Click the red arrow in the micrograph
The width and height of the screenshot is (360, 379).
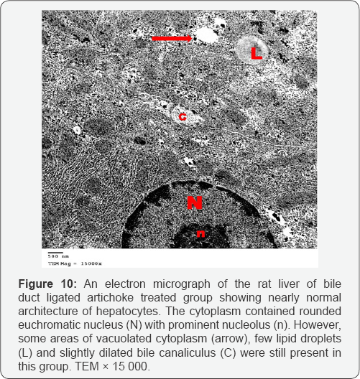tap(171, 37)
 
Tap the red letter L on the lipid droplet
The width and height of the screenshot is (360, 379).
tap(256, 52)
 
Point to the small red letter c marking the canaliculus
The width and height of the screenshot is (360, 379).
tap(183, 118)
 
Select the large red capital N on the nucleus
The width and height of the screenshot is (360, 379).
tap(195, 203)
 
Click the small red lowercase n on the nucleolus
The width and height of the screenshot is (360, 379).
tap(202, 234)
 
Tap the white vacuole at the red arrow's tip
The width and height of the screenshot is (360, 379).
tap(208, 34)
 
